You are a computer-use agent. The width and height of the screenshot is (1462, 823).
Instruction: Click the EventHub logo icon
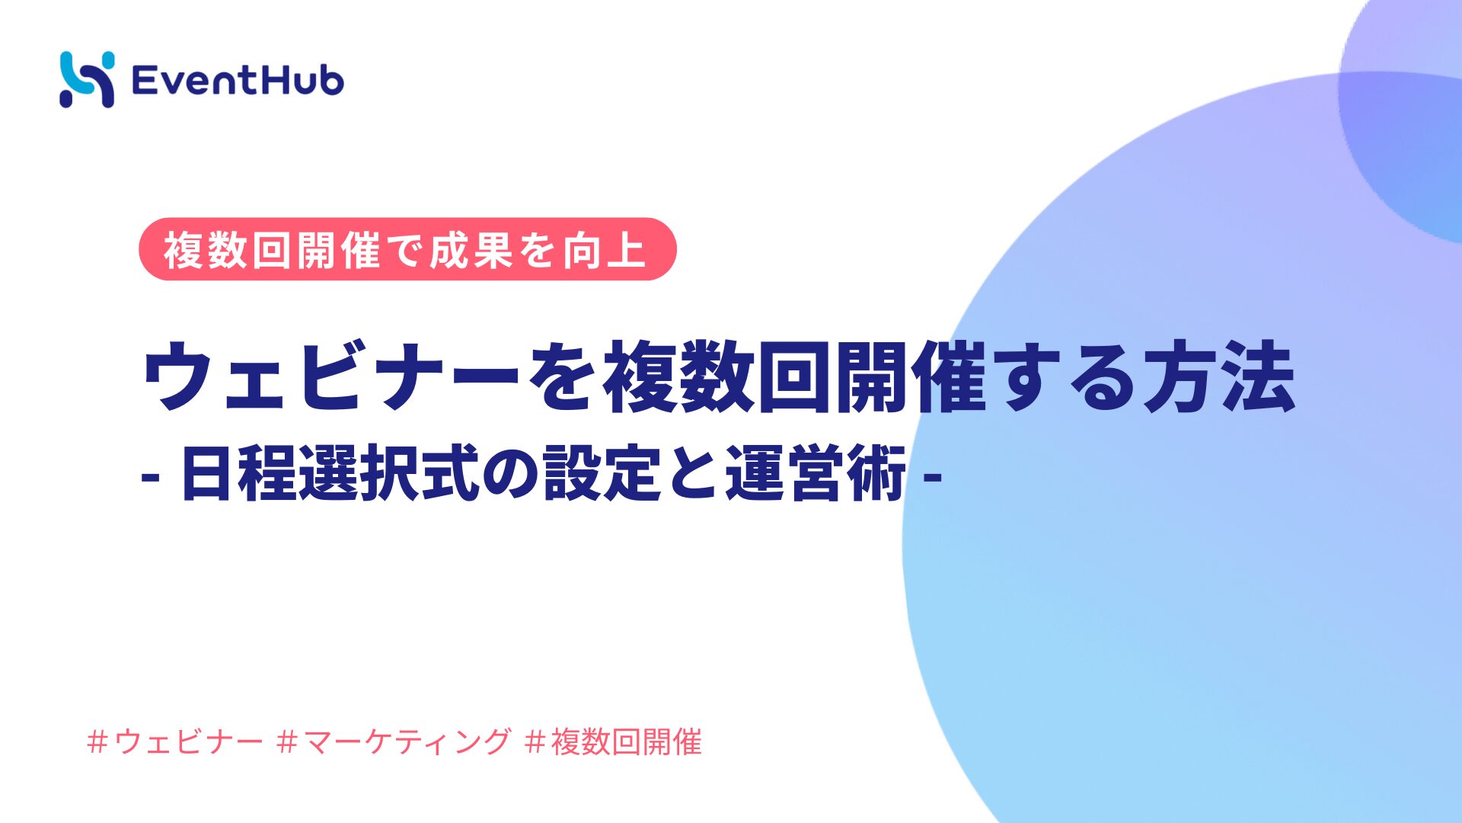tap(87, 79)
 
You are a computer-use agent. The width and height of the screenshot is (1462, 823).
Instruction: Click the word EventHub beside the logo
tap(238, 81)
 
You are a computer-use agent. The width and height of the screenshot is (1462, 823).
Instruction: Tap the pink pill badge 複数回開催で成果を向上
tap(407, 249)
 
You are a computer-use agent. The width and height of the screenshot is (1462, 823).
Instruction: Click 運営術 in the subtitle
tap(815, 474)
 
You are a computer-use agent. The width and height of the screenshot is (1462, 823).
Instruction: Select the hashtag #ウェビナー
tap(175, 741)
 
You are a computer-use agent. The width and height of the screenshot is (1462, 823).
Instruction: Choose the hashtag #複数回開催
tap(614, 741)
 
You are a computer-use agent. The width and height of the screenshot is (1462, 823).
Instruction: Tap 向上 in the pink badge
tap(605, 250)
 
